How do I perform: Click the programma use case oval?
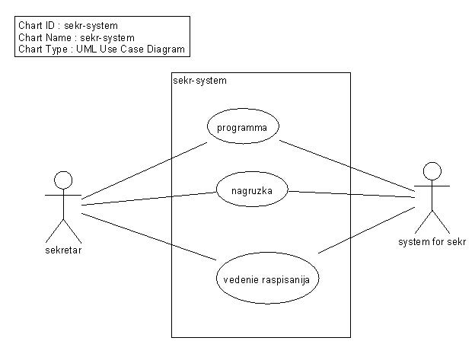pos(243,127)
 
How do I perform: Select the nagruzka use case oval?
pos(252,190)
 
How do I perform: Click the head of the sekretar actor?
pos(62,180)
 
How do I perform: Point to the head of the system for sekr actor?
pos(432,170)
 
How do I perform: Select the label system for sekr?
pos(432,242)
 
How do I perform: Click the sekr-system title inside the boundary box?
pos(199,80)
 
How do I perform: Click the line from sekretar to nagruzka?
pos(148,197)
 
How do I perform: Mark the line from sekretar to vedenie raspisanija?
pos(148,237)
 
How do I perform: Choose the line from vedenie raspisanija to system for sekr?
pos(365,225)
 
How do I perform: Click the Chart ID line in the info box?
pos(68,26)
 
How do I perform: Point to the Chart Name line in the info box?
pos(75,37)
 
